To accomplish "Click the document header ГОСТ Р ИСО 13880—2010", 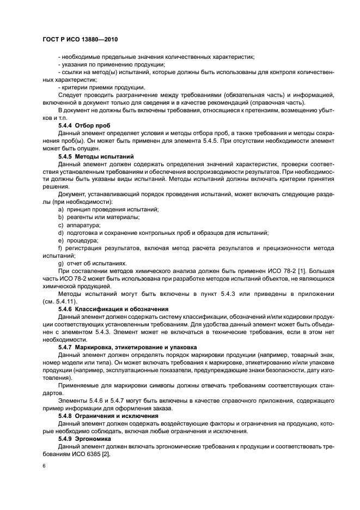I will (80, 40).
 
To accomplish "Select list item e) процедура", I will (78, 240).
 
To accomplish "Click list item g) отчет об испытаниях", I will (92, 263).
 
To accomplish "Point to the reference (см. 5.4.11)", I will (59, 301).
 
